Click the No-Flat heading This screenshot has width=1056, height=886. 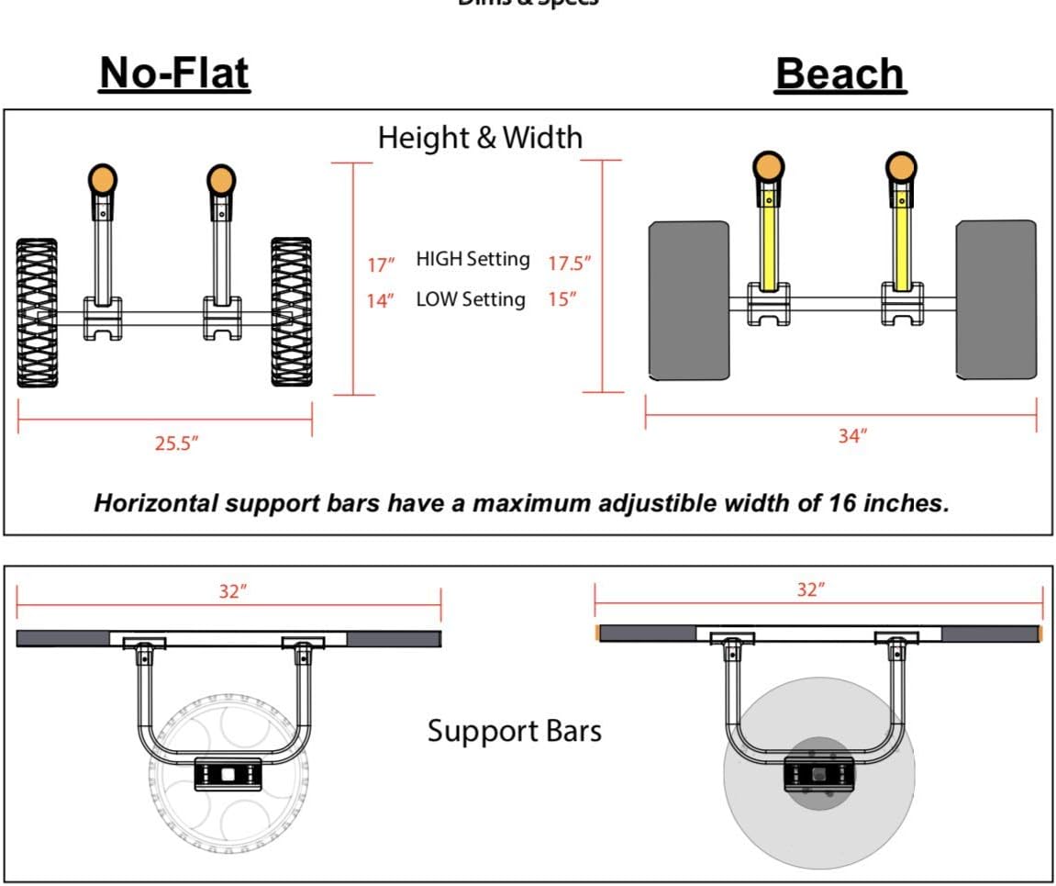click(x=174, y=73)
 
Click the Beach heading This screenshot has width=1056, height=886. click(x=840, y=74)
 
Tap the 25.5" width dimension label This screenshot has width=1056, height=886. click(x=176, y=443)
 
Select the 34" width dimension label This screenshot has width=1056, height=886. click(x=852, y=436)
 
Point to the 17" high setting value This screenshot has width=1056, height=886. click(x=381, y=264)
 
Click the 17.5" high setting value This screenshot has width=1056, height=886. click(x=569, y=264)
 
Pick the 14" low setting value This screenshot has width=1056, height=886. click(x=381, y=300)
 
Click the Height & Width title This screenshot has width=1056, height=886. click(x=480, y=137)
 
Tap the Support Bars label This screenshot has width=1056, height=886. click(x=515, y=731)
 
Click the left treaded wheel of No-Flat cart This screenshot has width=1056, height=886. click(x=37, y=312)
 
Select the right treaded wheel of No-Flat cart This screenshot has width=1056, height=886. click(x=291, y=312)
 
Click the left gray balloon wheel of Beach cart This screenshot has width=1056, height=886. click(x=689, y=300)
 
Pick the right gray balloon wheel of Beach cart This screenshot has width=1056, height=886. click(x=996, y=298)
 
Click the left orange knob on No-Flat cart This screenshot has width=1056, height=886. click(x=103, y=177)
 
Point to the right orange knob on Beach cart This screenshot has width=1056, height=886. click(x=901, y=168)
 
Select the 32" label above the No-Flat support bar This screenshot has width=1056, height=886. click(x=233, y=591)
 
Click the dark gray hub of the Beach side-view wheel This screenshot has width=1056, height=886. click(x=818, y=773)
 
